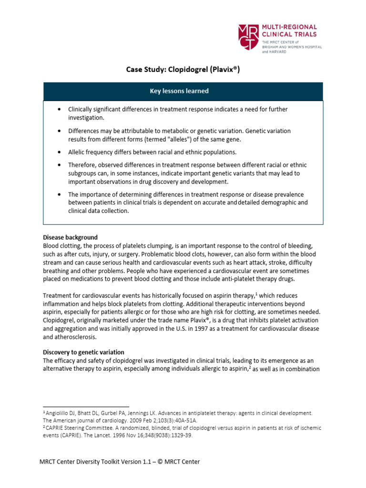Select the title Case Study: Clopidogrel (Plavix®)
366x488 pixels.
[183, 70]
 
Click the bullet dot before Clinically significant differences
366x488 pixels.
[58, 110]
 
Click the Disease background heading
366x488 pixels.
[70, 237]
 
